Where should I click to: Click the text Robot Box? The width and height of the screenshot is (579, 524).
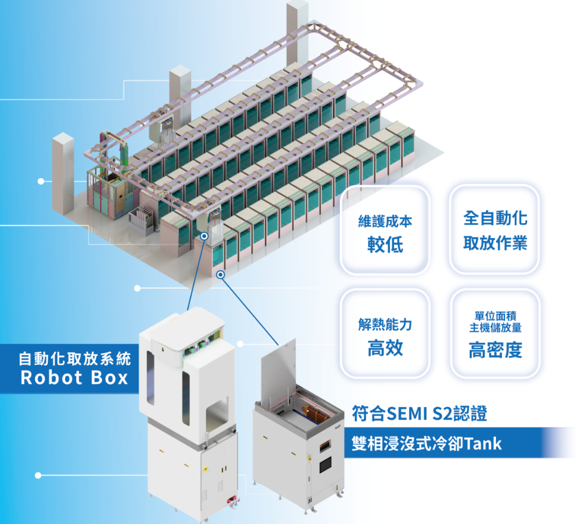tap(74, 378)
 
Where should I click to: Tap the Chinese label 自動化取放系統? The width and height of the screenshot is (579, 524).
tap(74, 359)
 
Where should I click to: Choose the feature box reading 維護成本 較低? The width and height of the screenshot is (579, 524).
tap(385, 231)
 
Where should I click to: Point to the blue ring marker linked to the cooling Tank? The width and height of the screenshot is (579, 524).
tap(221, 275)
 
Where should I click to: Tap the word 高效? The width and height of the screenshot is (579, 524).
tap(385, 347)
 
